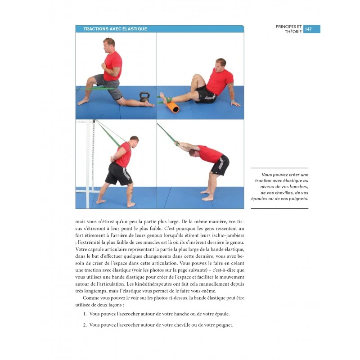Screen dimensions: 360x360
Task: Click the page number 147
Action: pos(308,29)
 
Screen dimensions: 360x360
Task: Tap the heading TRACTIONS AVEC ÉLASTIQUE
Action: pos(115,29)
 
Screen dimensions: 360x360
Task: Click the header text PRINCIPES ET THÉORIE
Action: pos(289,29)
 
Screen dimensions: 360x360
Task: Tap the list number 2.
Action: pos(85,325)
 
